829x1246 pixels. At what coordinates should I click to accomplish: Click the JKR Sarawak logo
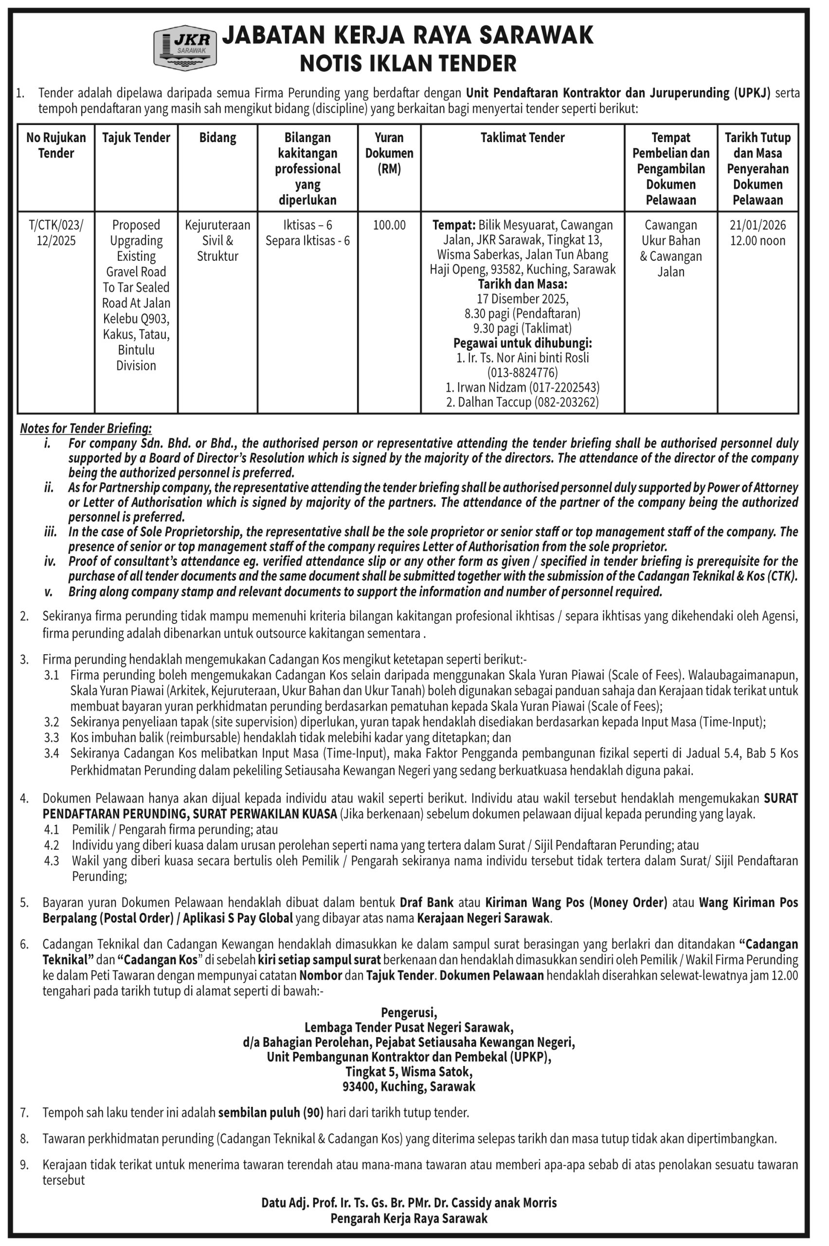pos(184,48)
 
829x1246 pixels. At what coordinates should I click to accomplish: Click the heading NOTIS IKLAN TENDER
pos(408,64)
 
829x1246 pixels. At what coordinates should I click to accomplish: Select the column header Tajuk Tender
pos(136,138)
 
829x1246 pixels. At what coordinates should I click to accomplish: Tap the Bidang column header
pos(217,138)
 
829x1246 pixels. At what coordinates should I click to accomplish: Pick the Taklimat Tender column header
pos(523,138)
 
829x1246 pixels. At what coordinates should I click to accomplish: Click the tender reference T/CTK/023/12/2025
pos(56,233)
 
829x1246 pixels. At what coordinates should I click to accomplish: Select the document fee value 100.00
pos(389,225)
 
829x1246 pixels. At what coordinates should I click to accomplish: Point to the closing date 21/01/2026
pos(757,225)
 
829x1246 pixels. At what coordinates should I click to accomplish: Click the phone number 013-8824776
pos(523,372)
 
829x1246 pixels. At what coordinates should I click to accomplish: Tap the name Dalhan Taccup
pos(494,402)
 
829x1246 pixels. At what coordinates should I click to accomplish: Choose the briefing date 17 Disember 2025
pos(523,299)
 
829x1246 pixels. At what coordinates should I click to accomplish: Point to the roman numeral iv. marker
pos(50,561)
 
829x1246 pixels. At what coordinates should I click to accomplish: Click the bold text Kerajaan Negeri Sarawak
pos(483,918)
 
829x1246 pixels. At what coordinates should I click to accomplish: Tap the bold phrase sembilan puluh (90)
pos(270,1113)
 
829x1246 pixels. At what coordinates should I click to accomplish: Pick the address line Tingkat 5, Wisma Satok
pos(409,1072)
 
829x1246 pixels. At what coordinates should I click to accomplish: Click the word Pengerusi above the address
pos(409,1013)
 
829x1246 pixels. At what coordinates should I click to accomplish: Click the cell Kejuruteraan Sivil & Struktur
pos(217,240)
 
